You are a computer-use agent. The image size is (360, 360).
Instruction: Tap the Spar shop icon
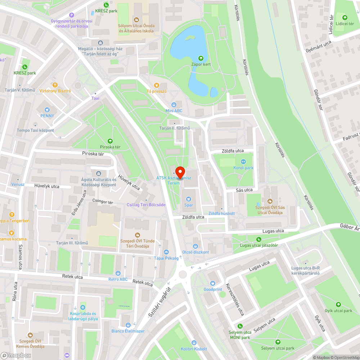tap(188, 198)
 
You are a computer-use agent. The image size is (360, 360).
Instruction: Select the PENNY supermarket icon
tap(47, 109)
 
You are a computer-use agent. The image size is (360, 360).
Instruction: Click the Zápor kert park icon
tap(201, 58)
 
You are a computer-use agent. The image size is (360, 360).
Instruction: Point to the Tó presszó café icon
tap(156, 85)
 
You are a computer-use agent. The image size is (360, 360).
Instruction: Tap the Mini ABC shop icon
tap(174, 104)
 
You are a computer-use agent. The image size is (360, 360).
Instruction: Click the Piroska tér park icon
tap(110, 141)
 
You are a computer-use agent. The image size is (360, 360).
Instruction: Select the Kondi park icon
tap(243, 162)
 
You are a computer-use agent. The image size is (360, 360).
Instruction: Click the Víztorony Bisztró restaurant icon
tap(55, 85)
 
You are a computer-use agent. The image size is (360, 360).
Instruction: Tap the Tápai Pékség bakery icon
tap(166, 252)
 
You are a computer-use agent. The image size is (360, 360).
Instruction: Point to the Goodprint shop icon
tap(212, 283)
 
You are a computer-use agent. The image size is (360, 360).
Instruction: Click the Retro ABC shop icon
tap(118, 273)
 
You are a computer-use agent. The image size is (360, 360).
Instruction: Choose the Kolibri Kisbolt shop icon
tap(194, 343)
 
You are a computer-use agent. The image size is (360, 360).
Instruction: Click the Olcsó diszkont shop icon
tap(195, 246)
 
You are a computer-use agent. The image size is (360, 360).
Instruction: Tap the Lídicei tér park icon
tap(345, 17)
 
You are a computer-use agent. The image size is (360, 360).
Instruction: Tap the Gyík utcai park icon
tap(338, 305)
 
